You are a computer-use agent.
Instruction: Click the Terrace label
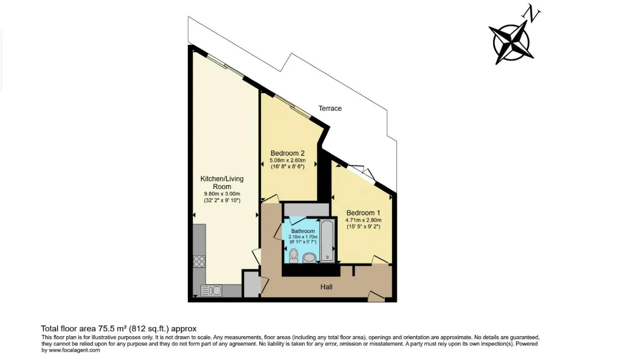(330, 108)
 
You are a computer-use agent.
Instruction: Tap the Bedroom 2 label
(288, 153)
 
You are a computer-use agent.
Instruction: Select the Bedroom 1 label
(363, 213)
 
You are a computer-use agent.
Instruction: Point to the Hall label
(326, 287)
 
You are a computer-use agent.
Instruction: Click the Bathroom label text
(303, 231)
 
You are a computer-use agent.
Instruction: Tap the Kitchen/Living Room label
(222, 183)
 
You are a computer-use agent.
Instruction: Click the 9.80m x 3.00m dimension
(222, 193)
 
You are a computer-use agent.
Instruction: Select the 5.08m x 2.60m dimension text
(288, 160)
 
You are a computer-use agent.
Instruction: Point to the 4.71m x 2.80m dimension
(363, 220)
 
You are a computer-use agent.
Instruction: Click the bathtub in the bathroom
(327, 240)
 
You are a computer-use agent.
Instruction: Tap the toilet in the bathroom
(294, 256)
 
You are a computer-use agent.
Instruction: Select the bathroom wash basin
(309, 258)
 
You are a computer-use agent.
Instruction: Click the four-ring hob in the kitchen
(199, 261)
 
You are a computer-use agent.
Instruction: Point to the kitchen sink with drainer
(211, 291)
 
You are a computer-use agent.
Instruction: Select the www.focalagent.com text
(74, 350)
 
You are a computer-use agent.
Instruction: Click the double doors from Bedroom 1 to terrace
(362, 173)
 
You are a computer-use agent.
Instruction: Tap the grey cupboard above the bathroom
(307, 209)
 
